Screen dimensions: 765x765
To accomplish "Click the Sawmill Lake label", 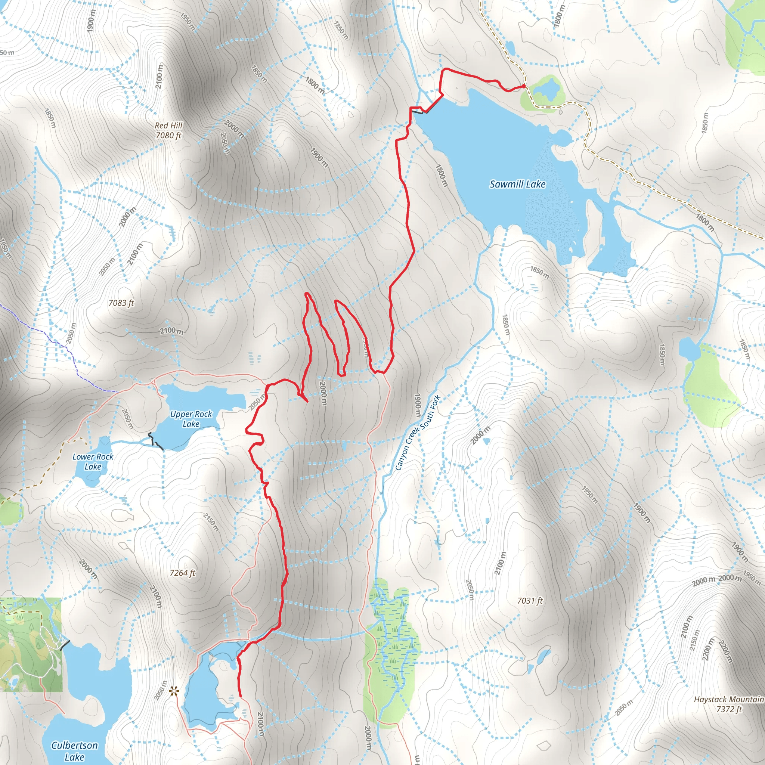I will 517,184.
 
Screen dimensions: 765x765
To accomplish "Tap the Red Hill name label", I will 169,126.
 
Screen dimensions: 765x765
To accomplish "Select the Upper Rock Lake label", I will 191,419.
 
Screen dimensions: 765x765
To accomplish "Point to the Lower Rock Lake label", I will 93,462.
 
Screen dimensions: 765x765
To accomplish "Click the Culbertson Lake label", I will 74,751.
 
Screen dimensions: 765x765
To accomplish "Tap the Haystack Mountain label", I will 728,699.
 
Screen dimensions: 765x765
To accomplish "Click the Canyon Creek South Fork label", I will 418,433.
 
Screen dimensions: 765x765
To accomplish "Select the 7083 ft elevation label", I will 121,303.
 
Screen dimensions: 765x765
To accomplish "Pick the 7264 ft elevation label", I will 183,573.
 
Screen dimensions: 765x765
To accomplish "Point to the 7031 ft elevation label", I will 530,601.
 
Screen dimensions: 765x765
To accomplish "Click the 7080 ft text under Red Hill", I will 168,136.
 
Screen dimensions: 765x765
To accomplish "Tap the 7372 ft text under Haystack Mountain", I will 728,709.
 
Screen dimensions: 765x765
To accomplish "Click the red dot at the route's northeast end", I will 523,86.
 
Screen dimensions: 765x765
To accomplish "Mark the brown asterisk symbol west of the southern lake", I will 173,692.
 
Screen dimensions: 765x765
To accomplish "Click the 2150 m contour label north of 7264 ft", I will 211,522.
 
